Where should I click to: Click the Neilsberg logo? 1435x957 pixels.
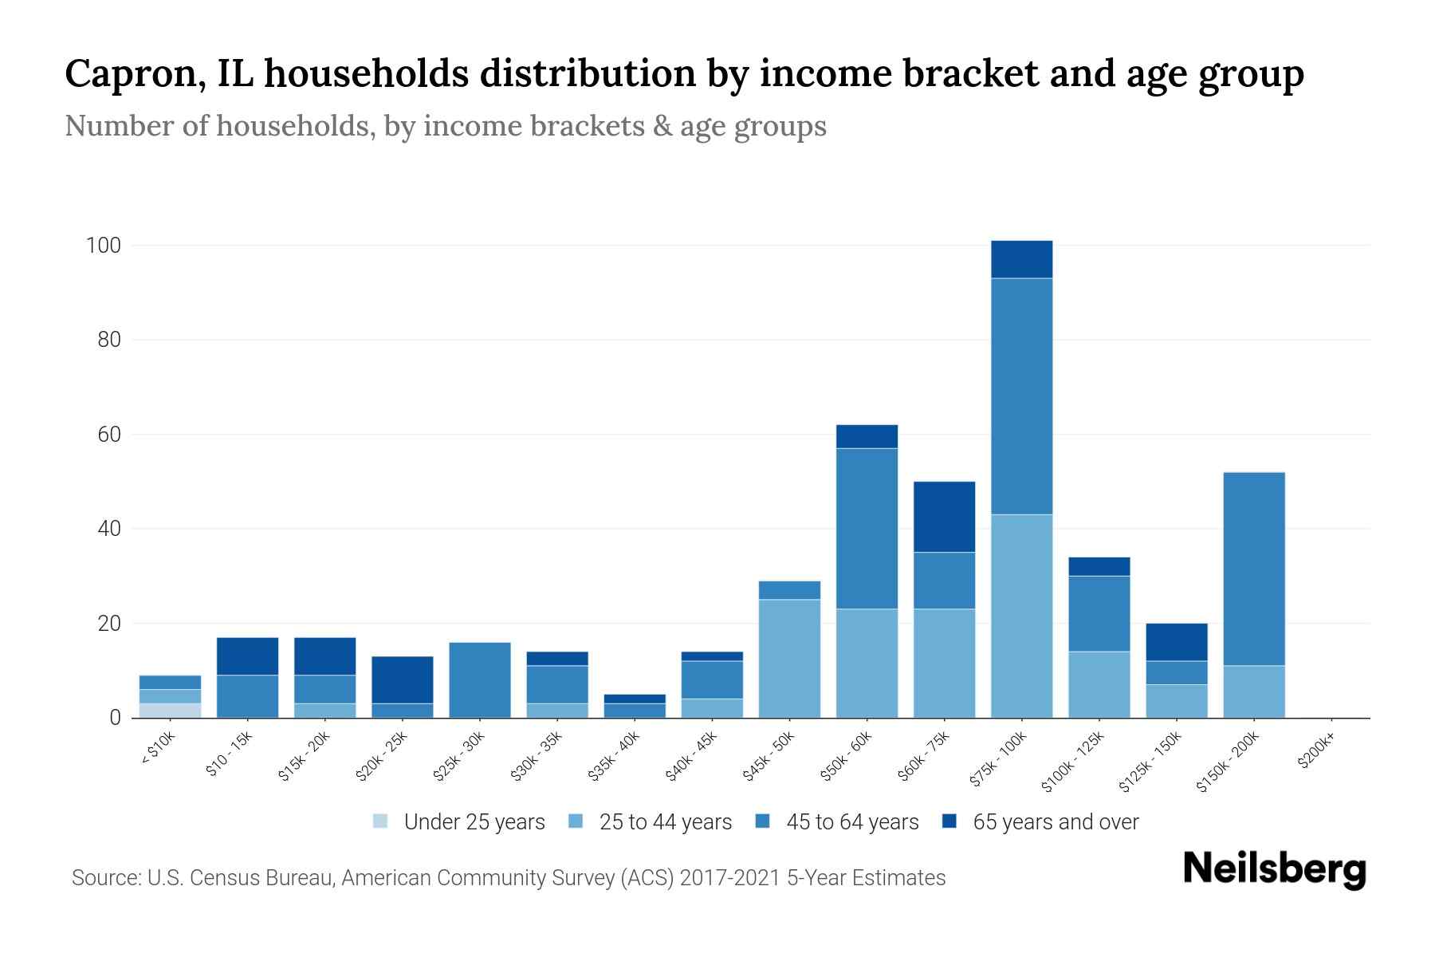click(1274, 868)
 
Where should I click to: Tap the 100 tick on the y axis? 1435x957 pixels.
click(103, 246)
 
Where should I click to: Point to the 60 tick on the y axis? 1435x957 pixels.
click(108, 435)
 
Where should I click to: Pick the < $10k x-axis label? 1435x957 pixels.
click(157, 750)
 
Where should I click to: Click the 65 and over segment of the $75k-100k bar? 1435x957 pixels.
click(1021, 259)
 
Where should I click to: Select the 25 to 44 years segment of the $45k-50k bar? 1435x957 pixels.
click(789, 658)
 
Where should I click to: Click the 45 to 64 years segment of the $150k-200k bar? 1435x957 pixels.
click(1254, 569)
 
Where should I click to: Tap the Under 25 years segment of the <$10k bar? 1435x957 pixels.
click(170, 711)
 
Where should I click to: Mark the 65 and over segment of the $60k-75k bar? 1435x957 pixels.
click(944, 517)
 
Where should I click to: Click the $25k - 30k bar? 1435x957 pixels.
click(480, 679)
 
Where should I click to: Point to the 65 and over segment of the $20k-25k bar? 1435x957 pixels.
click(403, 679)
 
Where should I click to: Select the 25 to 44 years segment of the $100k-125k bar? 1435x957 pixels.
click(1099, 684)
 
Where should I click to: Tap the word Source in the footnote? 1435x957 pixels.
click(104, 878)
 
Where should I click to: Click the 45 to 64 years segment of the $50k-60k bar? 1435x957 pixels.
click(867, 528)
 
